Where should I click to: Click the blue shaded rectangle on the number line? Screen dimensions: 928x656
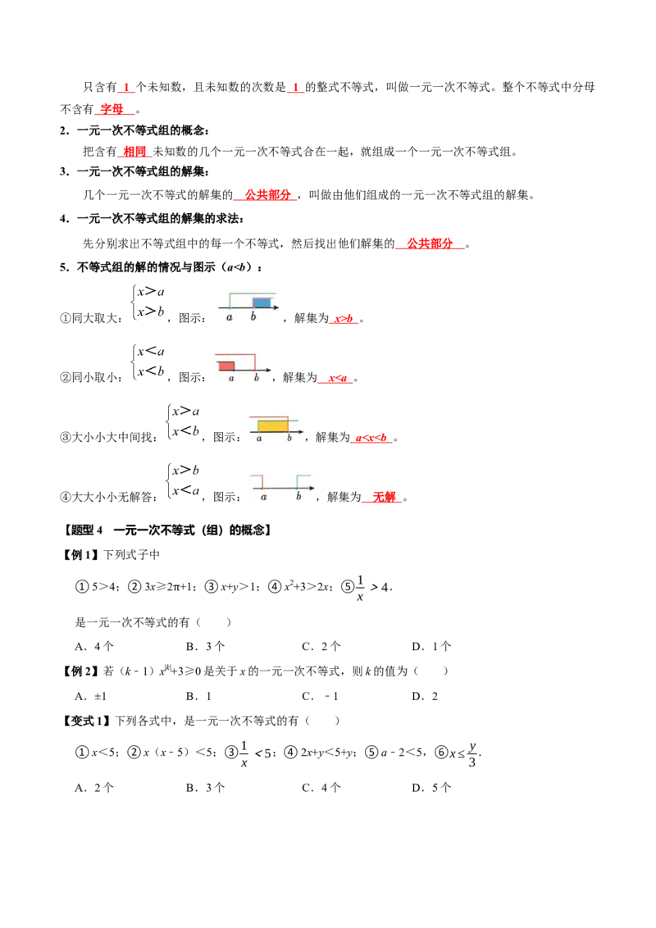(x=262, y=303)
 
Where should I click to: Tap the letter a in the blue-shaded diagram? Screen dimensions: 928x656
(x=230, y=316)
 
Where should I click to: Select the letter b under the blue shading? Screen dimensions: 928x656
(x=253, y=316)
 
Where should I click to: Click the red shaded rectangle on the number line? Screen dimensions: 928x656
(x=226, y=366)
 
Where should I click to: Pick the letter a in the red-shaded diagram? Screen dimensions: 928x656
(x=231, y=378)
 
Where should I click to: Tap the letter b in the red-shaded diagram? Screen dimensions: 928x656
(x=257, y=378)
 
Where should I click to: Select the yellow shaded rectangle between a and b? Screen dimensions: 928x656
(x=272, y=426)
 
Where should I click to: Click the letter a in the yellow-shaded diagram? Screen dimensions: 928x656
(x=259, y=439)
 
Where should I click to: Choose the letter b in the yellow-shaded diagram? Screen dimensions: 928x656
(x=289, y=439)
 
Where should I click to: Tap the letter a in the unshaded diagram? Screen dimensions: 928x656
(x=263, y=497)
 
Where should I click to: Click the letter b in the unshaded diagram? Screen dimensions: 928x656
(x=298, y=497)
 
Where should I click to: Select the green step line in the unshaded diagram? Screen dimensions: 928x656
(x=303, y=477)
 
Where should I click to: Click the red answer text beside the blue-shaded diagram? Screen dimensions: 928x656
(x=344, y=319)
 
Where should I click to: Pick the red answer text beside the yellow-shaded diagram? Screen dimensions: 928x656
(x=371, y=439)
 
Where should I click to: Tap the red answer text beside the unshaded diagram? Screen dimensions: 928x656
(x=383, y=496)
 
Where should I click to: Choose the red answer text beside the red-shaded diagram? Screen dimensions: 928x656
(x=335, y=380)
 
